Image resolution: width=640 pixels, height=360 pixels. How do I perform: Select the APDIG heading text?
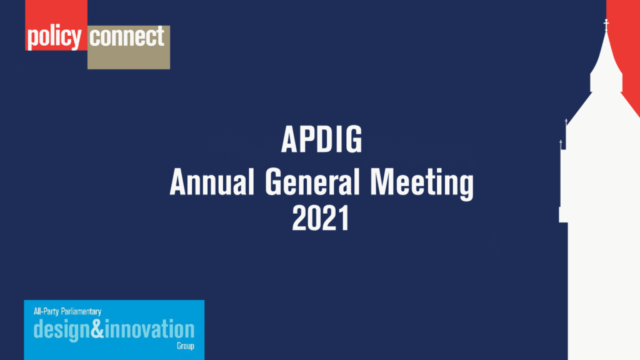pyautogui.click(x=321, y=140)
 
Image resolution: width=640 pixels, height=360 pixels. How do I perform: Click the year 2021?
pyautogui.click(x=321, y=219)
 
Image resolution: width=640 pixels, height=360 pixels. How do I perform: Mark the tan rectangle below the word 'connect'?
pyautogui.click(x=128, y=59)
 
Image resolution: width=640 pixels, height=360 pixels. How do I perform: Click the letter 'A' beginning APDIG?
pyautogui.click(x=289, y=140)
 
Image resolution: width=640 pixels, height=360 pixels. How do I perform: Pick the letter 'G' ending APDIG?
pyautogui.click(x=353, y=140)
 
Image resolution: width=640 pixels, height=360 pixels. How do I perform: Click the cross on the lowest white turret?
pyautogui.click(x=561, y=144)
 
